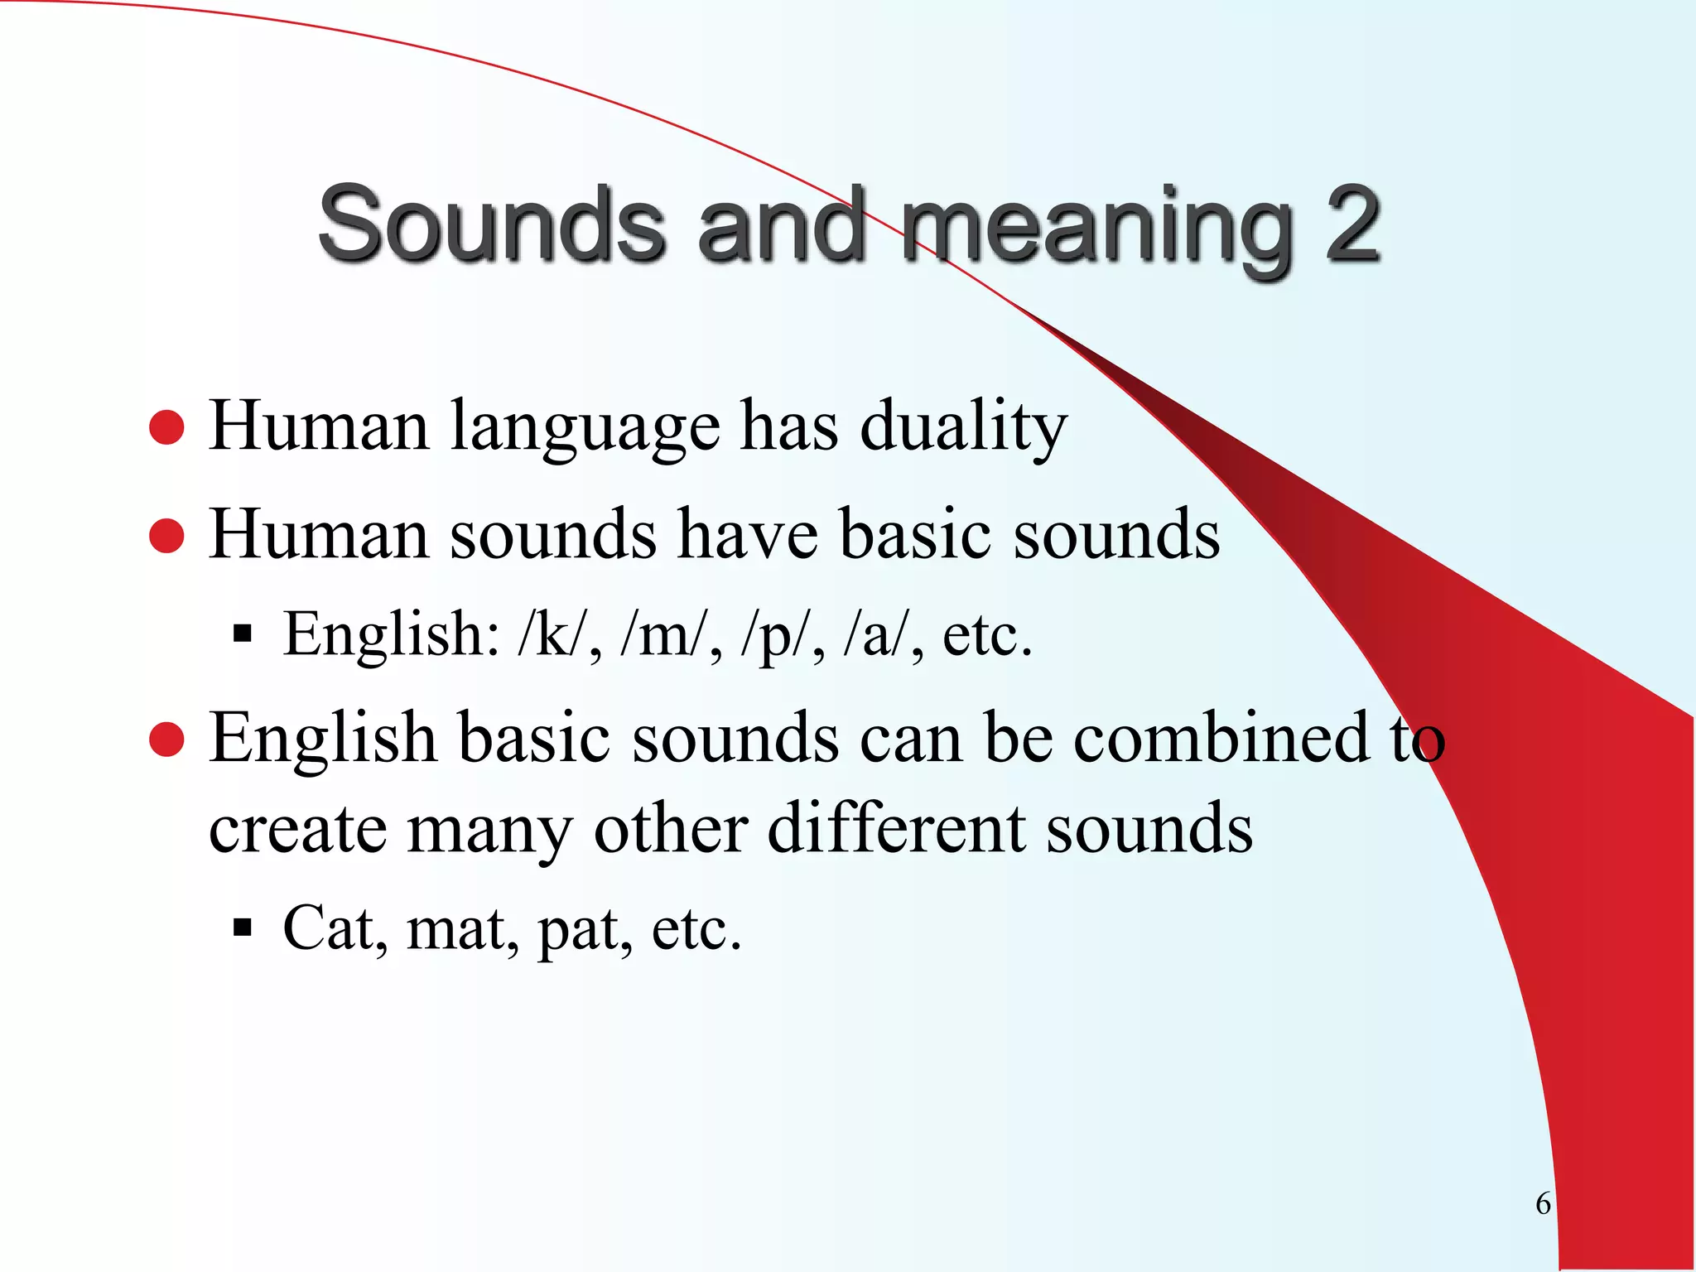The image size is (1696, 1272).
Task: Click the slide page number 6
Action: [1543, 1203]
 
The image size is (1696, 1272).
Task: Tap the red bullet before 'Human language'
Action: [166, 427]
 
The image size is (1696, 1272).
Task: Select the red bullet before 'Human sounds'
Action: [166, 536]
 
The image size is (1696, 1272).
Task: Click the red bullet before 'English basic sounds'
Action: [166, 739]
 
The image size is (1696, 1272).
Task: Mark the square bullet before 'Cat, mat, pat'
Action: [242, 927]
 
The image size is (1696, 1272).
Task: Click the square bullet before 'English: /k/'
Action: [242, 635]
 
